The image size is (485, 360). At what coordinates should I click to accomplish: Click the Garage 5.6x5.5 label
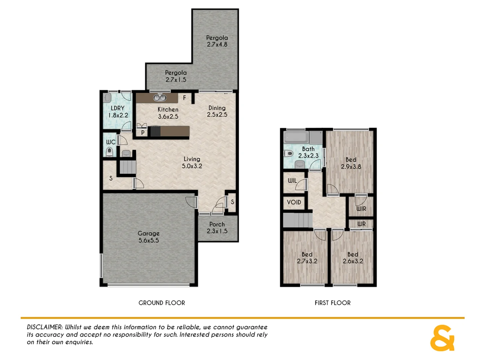(149, 237)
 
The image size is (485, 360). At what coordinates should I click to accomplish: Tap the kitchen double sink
(160, 98)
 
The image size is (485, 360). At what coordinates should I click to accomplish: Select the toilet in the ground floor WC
(109, 152)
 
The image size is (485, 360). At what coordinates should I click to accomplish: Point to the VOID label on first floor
(294, 202)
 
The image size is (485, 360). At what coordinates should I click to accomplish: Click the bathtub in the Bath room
(296, 137)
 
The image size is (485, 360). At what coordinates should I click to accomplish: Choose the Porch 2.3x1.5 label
(217, 228)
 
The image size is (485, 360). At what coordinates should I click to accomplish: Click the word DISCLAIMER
(44, 327)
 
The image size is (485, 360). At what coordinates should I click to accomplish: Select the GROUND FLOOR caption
(162, 303)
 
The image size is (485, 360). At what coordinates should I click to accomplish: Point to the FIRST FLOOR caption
(332, 303)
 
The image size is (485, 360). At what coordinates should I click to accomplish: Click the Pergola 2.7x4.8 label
(217, 41)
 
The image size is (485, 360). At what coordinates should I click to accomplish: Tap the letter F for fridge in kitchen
(184, 98)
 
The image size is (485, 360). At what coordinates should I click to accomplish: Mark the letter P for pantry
(143, 133)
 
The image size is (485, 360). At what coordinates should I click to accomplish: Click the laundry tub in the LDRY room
(107, 98)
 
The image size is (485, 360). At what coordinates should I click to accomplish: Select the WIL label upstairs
(292, 181)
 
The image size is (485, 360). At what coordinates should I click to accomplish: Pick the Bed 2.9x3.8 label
(351, 163)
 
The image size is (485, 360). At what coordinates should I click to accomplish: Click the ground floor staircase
(128, 167)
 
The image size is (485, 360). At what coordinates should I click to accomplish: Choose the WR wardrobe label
(361, 224)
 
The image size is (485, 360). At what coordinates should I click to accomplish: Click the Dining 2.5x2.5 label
(217, 111)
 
